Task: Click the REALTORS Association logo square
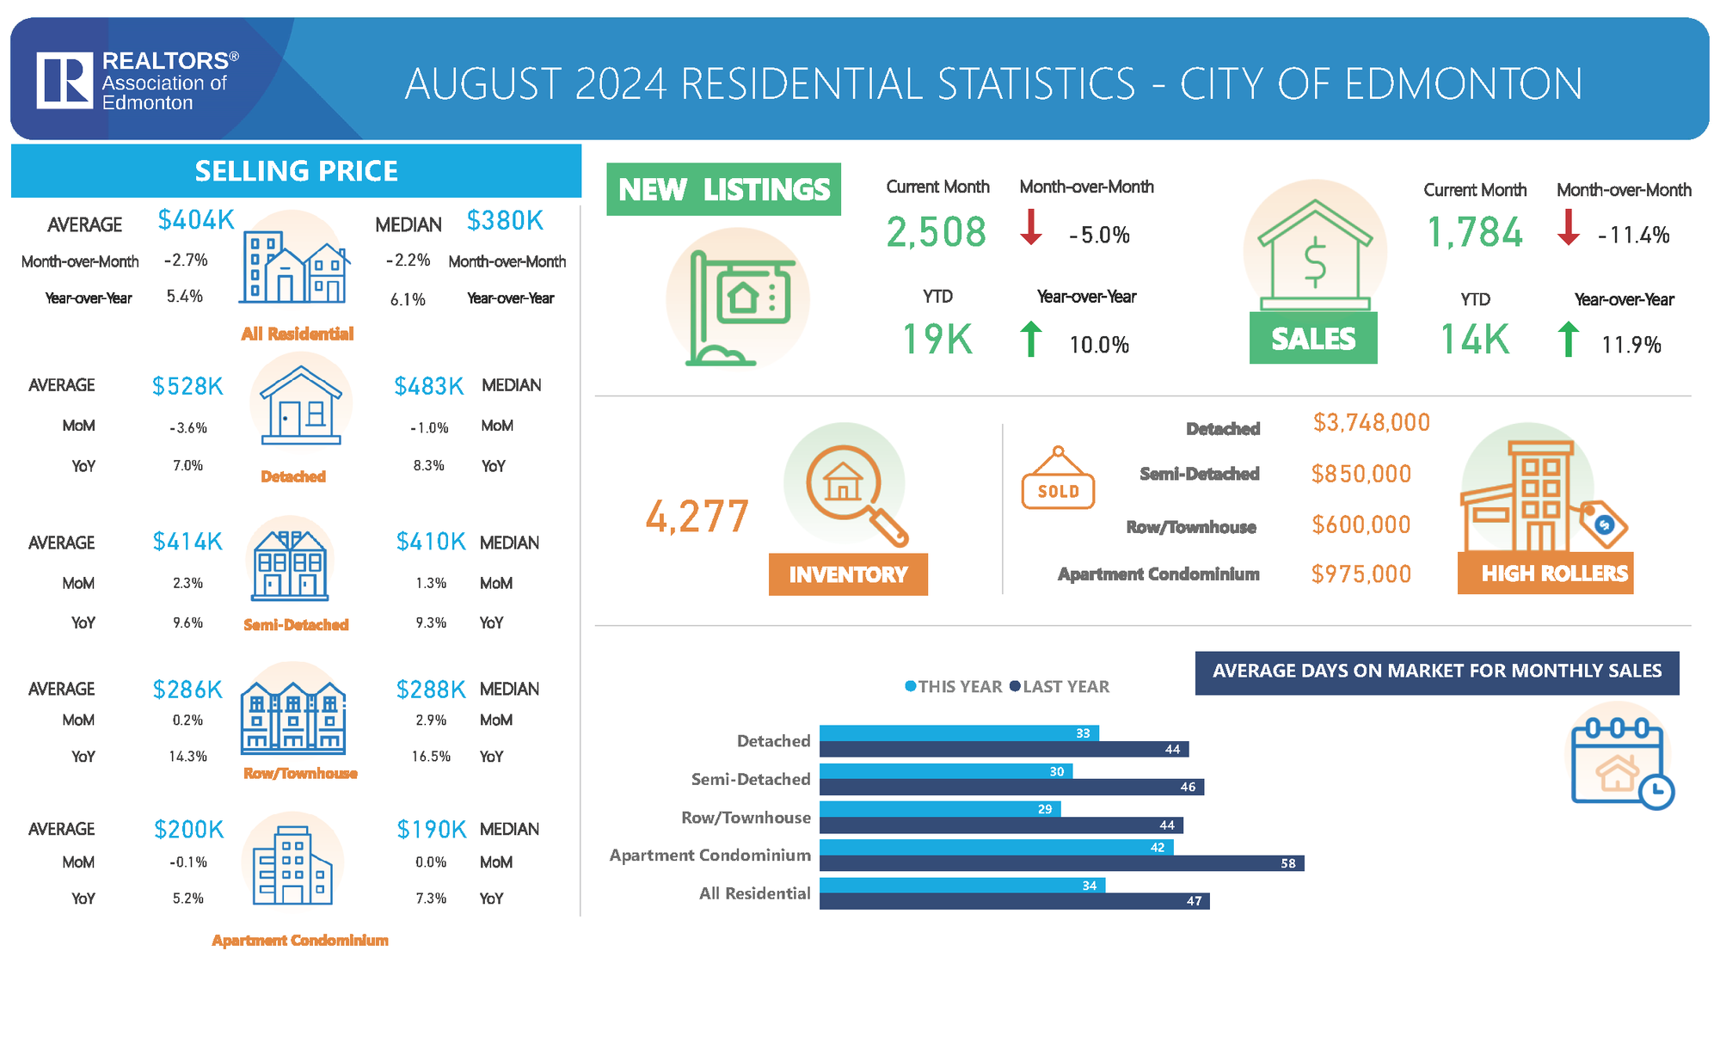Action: [64, 81]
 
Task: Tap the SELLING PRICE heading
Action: [296, 171]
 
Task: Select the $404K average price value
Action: [196, 221]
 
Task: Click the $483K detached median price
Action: [428, 387]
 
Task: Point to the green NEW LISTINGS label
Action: [723, 189]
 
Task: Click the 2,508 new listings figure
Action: [936, 232]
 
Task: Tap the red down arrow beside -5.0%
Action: [1031, 227]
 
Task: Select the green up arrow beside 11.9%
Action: [1568, 339]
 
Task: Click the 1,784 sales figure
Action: [1474, 233]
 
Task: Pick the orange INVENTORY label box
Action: [848, 574]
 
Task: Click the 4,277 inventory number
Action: [697, 517]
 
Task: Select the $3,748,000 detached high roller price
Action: [1371, 423]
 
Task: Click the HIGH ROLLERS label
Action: [1545, 574]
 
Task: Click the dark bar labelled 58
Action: [1061, 863]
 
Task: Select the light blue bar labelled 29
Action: [939, 809]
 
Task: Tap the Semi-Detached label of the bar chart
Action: [751, 779]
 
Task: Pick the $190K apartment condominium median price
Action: [431, 830]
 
